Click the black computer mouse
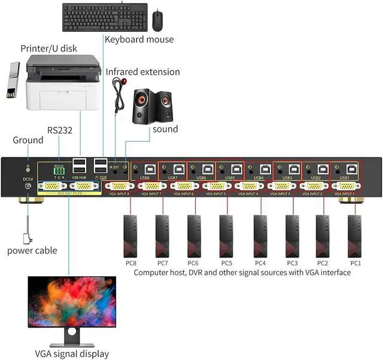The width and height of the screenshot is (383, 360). [157, 20]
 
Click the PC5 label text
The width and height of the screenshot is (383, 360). [226, 263]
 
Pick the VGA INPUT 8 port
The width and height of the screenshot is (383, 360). [118, 187]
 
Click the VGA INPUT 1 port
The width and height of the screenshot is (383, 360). [345, 187]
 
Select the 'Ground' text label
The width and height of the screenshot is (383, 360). [28, 140]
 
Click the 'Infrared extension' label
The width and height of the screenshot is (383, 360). [142, 72]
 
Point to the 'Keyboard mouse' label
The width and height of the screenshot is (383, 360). [139, 39]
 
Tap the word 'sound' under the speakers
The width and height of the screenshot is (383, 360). [165, 129]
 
